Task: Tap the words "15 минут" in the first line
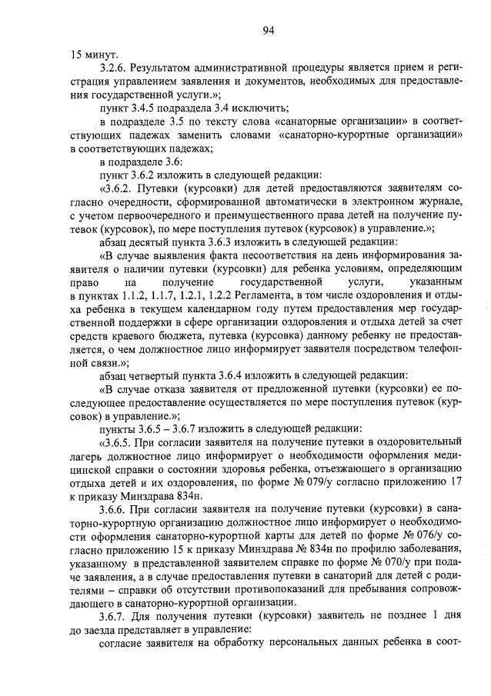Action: click(x=94, y=55)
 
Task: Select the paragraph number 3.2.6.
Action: click(x=115, y=69)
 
